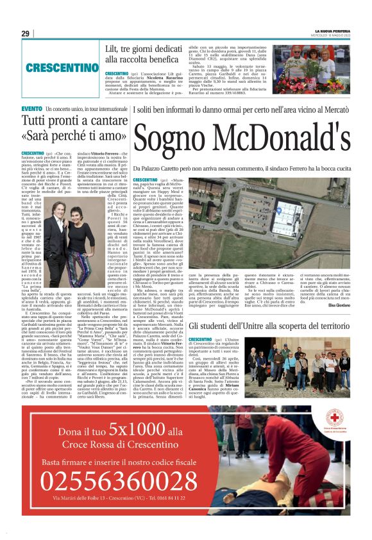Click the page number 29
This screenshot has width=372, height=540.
25,33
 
